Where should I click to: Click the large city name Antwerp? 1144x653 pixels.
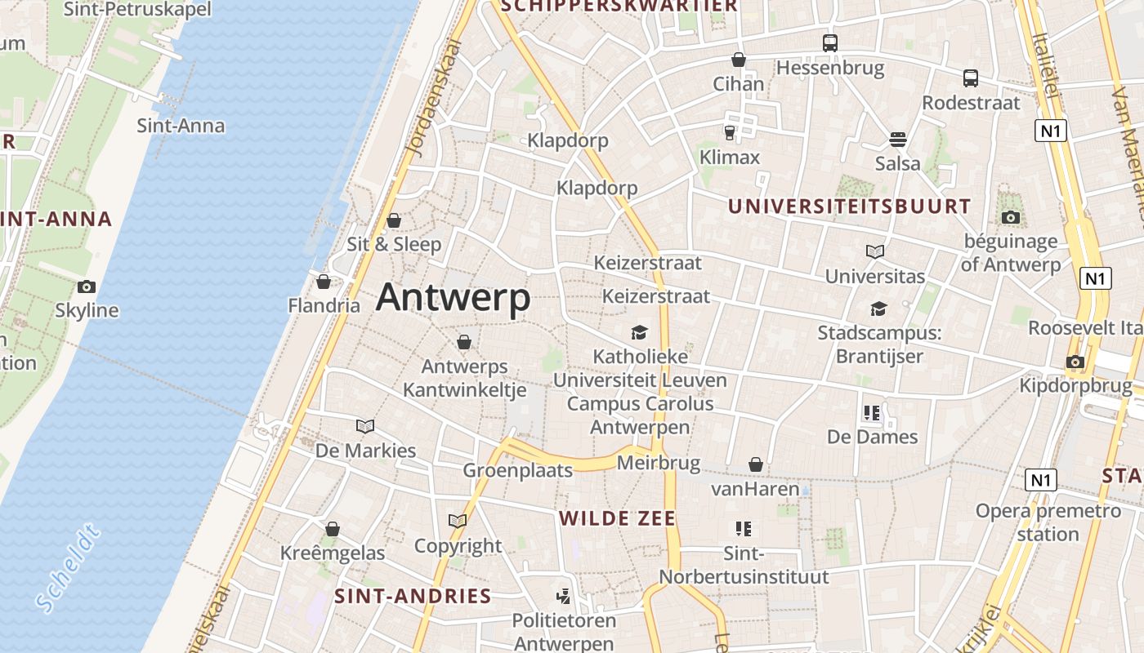click(453, 297)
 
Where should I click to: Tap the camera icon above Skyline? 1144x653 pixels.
click(87, 287)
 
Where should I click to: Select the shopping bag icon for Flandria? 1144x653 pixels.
click(324, 282)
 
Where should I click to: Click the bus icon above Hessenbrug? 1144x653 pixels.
click(830, 43)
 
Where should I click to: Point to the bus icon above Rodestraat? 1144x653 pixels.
click(971, 78)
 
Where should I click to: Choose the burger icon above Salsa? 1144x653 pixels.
click(898, 139)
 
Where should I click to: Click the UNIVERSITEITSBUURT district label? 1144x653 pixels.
click(849, 207)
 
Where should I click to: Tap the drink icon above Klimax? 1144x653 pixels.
click(730, 132)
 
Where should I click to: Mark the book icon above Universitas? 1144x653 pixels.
click(875, 251)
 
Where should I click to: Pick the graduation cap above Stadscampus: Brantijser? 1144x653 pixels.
click(878, 309)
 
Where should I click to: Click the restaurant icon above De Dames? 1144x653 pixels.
click(872, 413)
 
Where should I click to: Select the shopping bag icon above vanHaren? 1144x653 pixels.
click(756, 464)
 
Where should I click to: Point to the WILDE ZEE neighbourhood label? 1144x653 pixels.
click(617, 518)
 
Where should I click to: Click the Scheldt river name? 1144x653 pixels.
click(69, 570)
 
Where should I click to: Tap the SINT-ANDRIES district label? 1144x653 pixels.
click(413, 596)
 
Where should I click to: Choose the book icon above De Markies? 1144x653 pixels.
click(365, 426)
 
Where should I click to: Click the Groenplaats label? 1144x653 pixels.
click(507, 470)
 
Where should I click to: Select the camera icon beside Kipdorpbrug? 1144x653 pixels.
click(1075, 362)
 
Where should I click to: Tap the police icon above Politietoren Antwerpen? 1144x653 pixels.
click(563, 597)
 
